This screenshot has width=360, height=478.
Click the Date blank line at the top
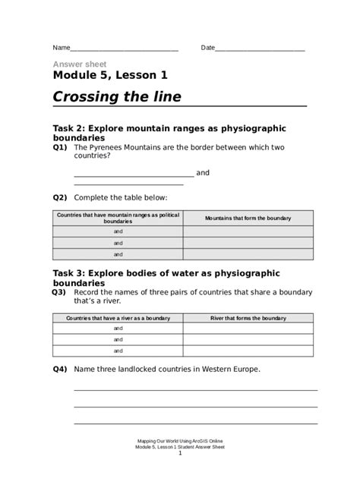coord(261,49)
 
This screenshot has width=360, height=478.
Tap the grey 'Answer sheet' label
coord(80,64)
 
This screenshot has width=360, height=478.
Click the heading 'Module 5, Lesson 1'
coord(110,75)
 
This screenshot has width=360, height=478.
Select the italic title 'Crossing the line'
coord(117,97)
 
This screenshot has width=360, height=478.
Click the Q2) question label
coord(60,197)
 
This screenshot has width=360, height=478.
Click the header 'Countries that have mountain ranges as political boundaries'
coord(118,219)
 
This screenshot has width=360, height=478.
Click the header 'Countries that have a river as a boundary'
coord(118,318)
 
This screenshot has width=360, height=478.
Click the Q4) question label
coord(60,370)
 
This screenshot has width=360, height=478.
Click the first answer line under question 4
coord(195,389)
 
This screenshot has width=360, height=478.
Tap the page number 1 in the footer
coord(180,454)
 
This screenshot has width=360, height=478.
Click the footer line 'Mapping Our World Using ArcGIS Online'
coord(180,441)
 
